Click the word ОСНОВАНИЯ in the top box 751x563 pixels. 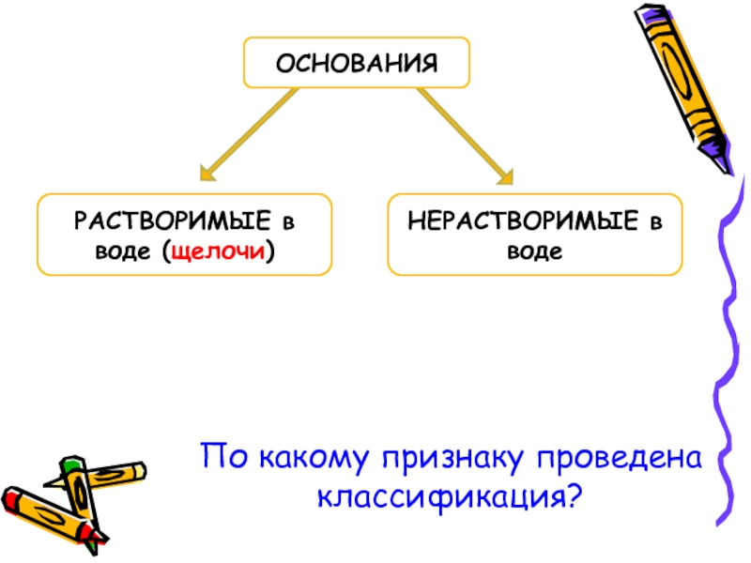pyautogui.click(x=357, y=64)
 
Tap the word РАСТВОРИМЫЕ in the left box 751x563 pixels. pyautogui.click(x=173, y=221)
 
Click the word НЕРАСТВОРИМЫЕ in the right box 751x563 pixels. pyautogui.click(x=523, y=221)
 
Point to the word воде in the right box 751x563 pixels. pyautogui.click(x=535, y=251)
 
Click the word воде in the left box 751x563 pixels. pyautogui.click(x=126, y=251)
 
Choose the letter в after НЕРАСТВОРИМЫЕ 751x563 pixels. pyautogui.click(x=654, y=222)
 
